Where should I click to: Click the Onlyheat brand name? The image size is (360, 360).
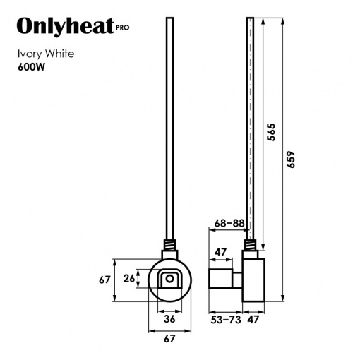pyautogui.click(x=66, y=26)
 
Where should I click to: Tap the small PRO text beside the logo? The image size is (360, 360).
pyautogui.click(x=123, y=28)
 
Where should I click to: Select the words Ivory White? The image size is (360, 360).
pyautogui.click(x=46, y=54)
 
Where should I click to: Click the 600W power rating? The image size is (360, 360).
pyautogui.click(x=31, y=67)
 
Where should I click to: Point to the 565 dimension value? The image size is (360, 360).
pyautogui.click(x=271, y=132)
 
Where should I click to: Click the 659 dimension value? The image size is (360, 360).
pyautogui.click(x=291, y=160)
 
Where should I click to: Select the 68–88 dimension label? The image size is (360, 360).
pyautogui.click(x=229, y=223)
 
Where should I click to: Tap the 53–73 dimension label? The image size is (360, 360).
pyautogui.click(x=226, y=320)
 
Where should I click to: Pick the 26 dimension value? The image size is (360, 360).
pyautogui.click(x=129, y=279)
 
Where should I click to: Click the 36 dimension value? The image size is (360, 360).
pyautogui.click(x=169, y=319)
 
